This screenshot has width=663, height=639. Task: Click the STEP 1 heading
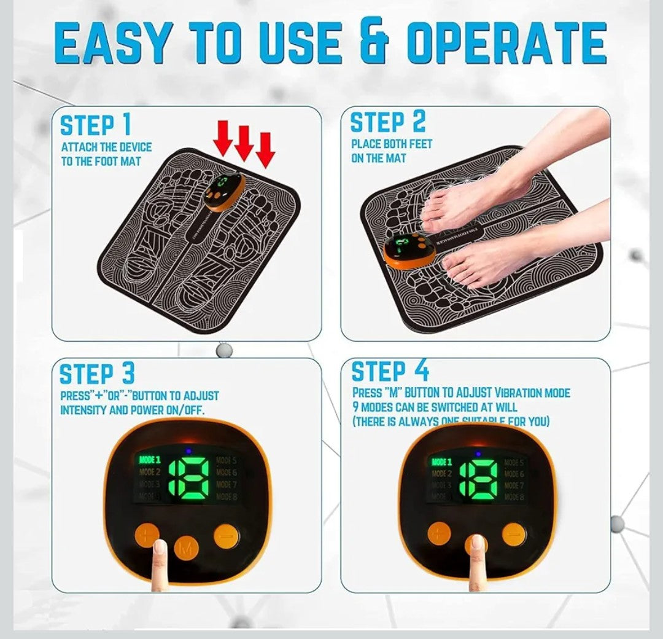coord(95,125)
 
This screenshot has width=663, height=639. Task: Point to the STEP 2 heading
coord(387,122)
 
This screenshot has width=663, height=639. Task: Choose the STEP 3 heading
coord(96,374)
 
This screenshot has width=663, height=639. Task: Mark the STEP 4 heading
coord(389,372)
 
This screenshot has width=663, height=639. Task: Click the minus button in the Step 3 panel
coord(227,536)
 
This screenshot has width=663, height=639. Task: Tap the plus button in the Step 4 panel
coord(439,533)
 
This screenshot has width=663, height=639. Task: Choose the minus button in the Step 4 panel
coord(513,534)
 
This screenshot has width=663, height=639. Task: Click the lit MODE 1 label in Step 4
coord(441,462)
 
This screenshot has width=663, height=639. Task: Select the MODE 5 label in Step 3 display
coord(226,460)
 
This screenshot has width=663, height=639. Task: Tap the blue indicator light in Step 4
coord(477,453)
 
